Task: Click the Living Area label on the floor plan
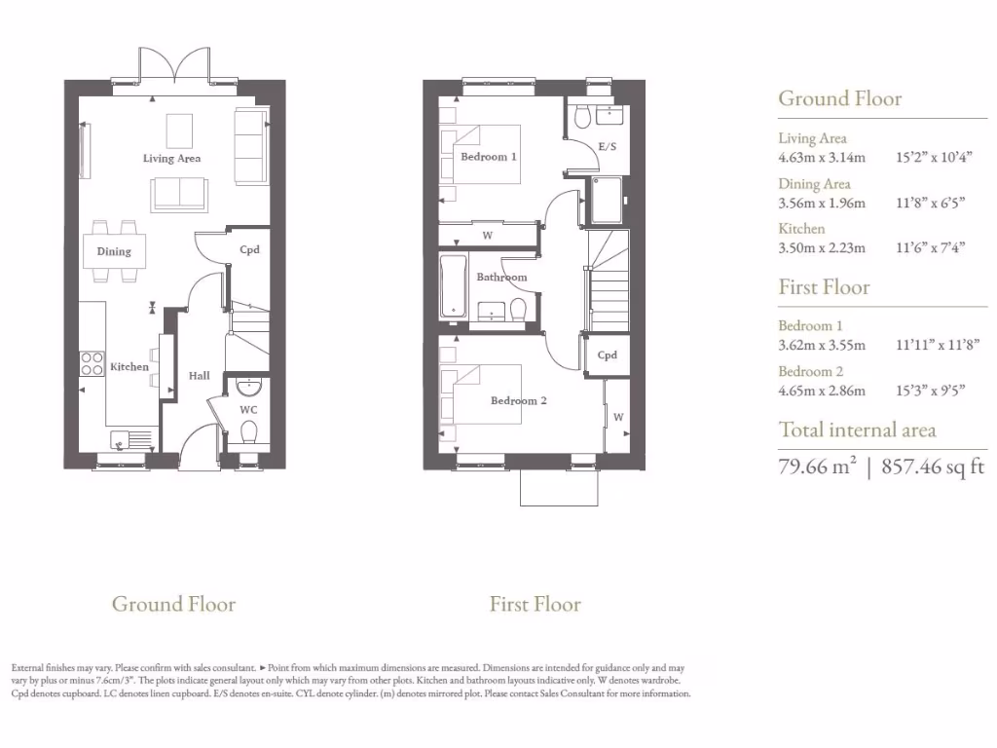pyautogui.click(x=171, y=158)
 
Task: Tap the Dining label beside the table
pyautogui.click(x=114, y=251)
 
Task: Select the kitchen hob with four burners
pyautogui.click(x=92, y=363)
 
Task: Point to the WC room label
pyautogui.click(x=249, y=410)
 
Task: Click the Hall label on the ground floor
pyautogui.click(x=199, y=375)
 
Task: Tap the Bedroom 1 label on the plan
pyautogui.click(x=489, y=156)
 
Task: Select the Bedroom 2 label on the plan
pyautogui.click(x=518, y=400)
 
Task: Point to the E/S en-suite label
pyautogui.click(x=607, y=146)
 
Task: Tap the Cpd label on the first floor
pyautogui.click(x=607, y=355)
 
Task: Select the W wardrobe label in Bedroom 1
pyautogui.click(x=487, y=235)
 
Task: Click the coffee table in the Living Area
pyautogui.click(x=179, y=130)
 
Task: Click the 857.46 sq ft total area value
pyautogui.click(x=933, y=467)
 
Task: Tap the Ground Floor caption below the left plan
pyautogui.click(x=173, y=604)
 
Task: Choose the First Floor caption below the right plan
pyautogui.click(x=535, y=605)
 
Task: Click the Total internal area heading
pyautogui.click(x=857, y=430)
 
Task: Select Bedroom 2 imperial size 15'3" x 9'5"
pyautogui.click(x=930, y=390)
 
